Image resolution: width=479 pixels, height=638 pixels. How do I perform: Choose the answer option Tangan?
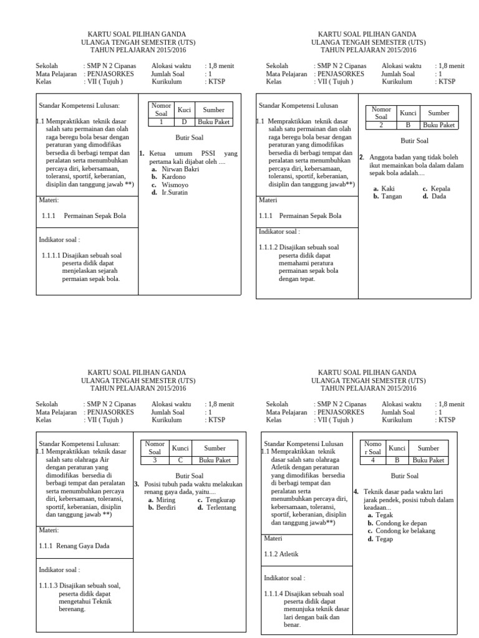(x=392, y=196)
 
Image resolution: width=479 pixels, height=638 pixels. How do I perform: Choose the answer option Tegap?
(x=384, y=539)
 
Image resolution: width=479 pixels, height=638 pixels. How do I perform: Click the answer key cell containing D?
(x=184, y=121)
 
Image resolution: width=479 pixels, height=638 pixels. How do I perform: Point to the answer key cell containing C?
(x=180, y=460)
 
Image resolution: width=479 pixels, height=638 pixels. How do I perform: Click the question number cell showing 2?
(x=381, y=125)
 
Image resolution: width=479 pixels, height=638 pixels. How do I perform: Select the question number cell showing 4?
(x=372, y=460)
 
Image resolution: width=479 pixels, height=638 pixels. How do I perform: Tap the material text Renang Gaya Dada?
(x=82, y=546)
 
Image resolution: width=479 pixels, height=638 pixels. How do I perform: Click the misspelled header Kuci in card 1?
(x=184, y=110)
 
